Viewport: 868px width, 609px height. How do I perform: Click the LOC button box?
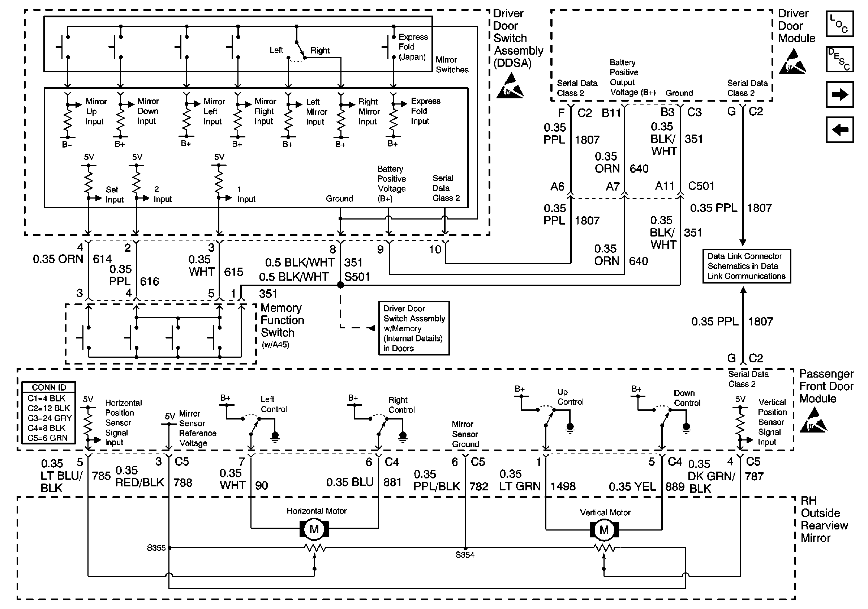(x=840, y=24)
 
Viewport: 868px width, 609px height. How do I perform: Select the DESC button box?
(x=840, y=59)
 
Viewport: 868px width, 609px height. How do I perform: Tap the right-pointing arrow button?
(x=840, y=94)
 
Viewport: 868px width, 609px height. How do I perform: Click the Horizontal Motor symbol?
(x=314, y=529)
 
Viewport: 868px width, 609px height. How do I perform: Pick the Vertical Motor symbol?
(x=604, y=529)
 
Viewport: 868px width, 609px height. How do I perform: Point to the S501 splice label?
(x=357, y=277)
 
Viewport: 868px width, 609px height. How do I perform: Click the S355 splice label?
(x=156, y=548)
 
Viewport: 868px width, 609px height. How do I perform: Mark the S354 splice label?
(x=465, y=555)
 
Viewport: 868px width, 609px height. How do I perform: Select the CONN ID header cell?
(x=49, y=387)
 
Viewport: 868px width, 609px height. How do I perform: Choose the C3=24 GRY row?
(x=49, y=418)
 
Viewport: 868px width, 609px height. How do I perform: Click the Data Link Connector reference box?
(x=746, y=266)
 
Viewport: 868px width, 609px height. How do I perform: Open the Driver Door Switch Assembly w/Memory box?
(x=414, y=328)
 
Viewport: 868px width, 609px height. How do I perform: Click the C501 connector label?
(x=701, y=186)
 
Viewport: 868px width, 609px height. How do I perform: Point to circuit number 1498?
(x=563, y=486)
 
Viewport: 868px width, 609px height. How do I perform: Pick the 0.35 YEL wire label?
(x=632, y=486)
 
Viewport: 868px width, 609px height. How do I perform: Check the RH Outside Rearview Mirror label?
(x=824, y=519)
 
